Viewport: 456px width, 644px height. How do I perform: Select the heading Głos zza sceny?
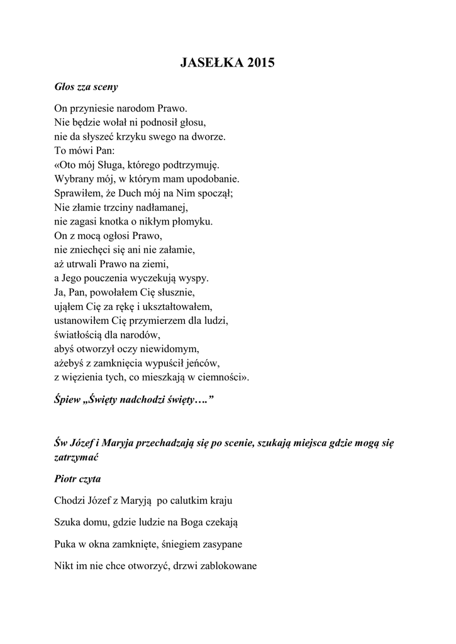pyautogui.click(x=86, y=86)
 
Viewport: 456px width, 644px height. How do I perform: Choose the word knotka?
pyautogui.click(x=125, y=221)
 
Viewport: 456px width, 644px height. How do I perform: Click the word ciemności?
pyautogui.click(x=227, y=377)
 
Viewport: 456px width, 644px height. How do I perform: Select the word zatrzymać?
pyautogui.click(x=77, y=457)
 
